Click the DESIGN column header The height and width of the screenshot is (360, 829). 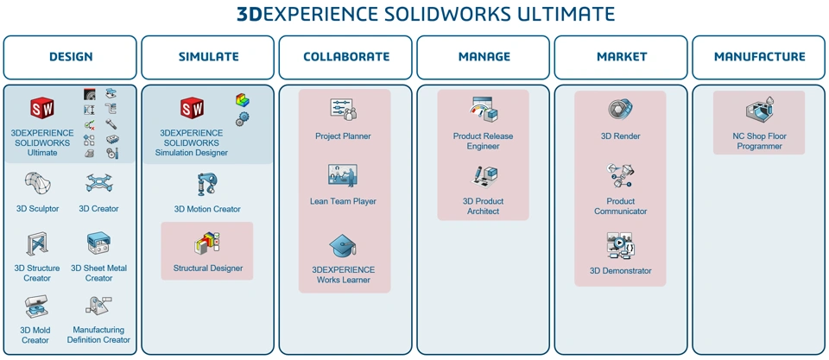click(70, 57)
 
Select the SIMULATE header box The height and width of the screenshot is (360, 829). click(208, 57)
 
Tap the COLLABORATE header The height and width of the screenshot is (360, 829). click(345, 57)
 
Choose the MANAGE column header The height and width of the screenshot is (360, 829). click(484, 57)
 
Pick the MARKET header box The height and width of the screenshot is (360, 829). click(621, 57)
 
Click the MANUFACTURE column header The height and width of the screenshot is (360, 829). click(759, 57)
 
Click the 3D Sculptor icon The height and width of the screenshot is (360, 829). click(37, 184)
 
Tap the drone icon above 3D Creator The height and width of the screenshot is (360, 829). click(98, 184)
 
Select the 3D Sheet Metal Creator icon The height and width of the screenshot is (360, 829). click(98, 245)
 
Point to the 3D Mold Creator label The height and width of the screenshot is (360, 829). click(35, 335)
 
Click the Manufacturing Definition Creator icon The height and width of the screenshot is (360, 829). click(98, 306)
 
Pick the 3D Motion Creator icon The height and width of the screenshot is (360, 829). click(207, 185)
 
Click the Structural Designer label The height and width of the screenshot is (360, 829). click(207, 268)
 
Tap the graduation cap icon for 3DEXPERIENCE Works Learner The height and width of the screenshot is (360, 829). click(344, 247)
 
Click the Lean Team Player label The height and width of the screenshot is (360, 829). click(344, 202)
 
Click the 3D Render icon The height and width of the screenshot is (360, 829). click(621, 111)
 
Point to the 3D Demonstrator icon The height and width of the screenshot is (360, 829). click(621, 246)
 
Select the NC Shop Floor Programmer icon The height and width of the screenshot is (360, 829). click(759, 111)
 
